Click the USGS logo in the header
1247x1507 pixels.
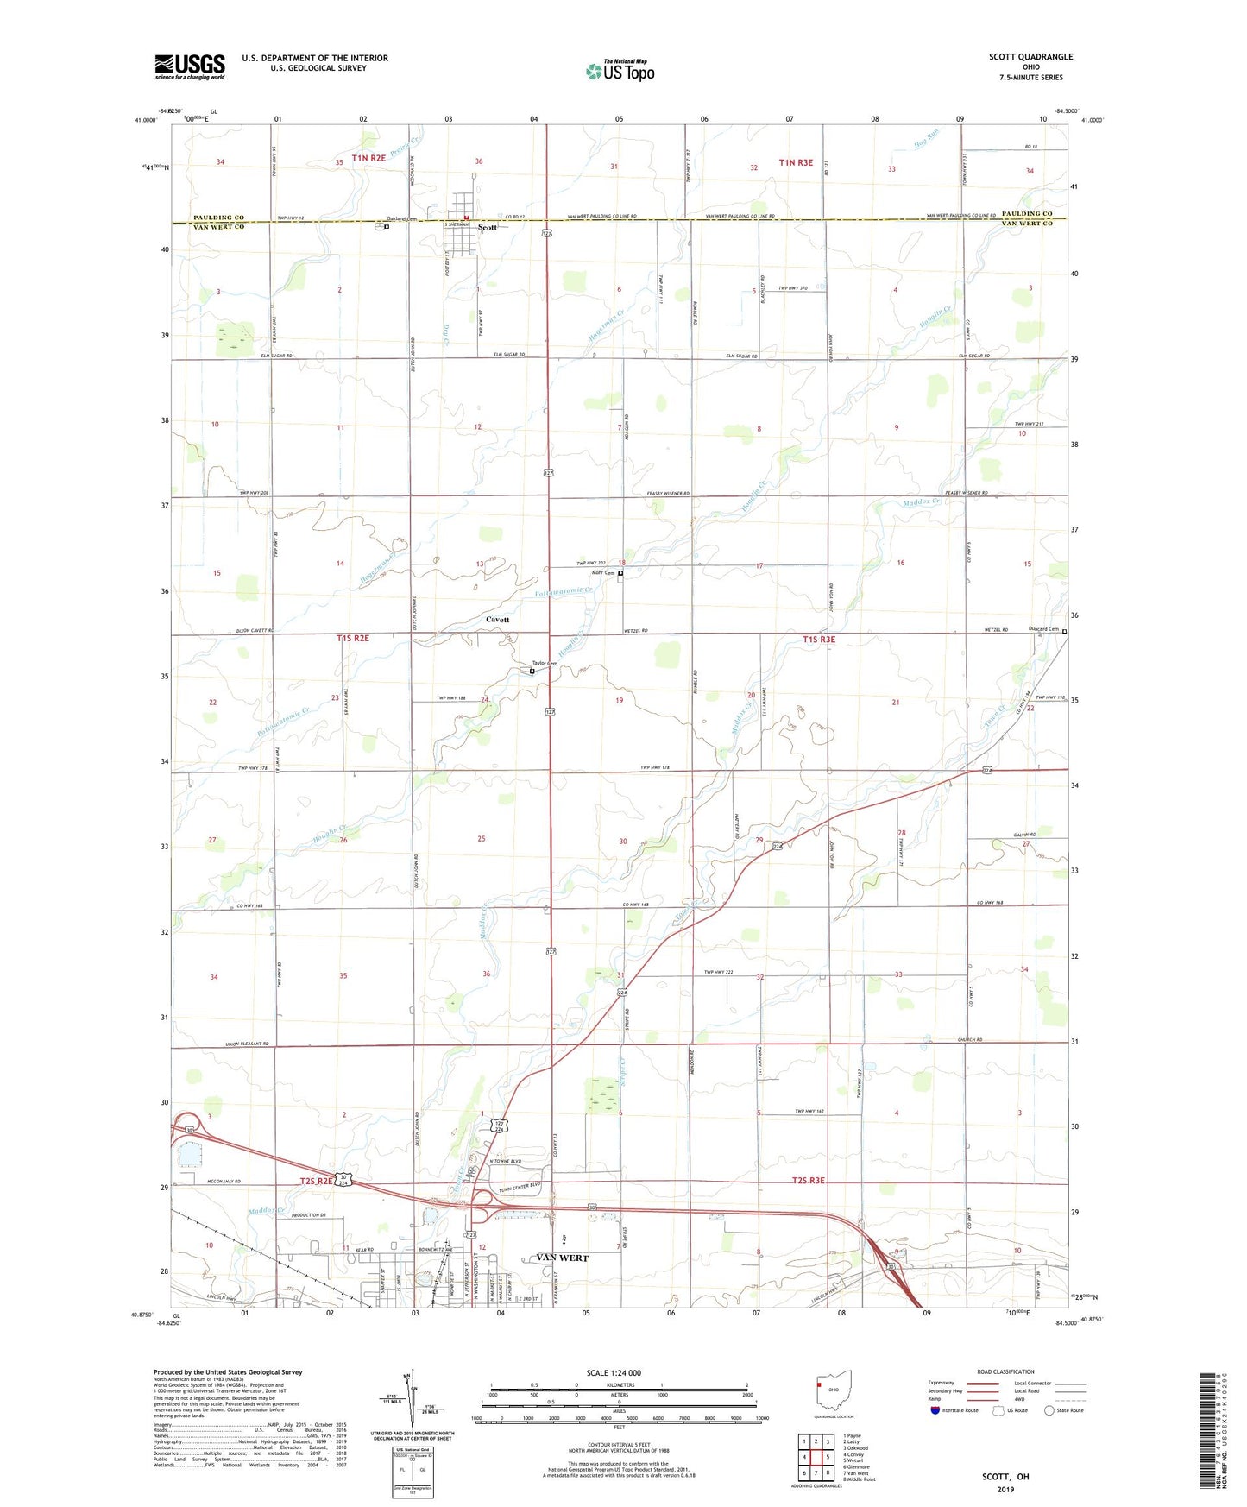pyautogui.click(x=190, y=66)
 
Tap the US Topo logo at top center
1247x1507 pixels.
pyautogui.click(x=620, y=70)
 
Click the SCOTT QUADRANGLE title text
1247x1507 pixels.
pyautogui.click(x=1030, y=57)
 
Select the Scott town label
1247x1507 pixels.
pyautogui.click(x=488, y=228)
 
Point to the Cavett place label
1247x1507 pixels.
pyautogui.click(x=497, y=620)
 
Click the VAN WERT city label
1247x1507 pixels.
pyautogui.click(x=562, y=1258)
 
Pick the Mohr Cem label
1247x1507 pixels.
pyautogui.click(x=602, y=573)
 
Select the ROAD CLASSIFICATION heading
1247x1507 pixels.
pyautogui.click(x=1005, y=1371)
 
